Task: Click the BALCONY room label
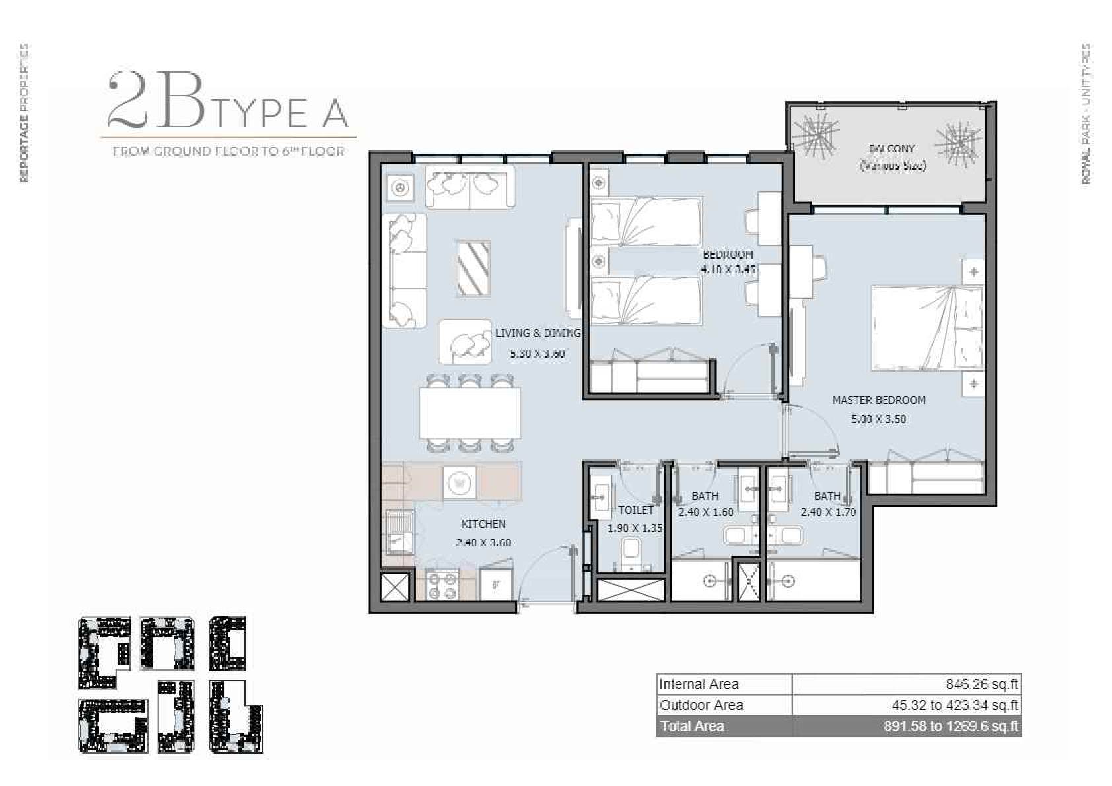coord(891,148)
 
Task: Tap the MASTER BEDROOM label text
coord(879,400)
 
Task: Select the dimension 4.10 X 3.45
coord(728,269)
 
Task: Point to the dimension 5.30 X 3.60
coord(537,354)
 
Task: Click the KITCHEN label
coord(483,524)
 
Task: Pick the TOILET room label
coord(636,510)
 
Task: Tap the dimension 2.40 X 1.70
coord(828,512)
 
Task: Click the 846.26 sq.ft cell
coord(981,685)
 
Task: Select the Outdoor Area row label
coord(701,705)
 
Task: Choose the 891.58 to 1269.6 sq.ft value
coord(951,726)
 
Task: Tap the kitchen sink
coord(400,532)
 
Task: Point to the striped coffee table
coord(473,269)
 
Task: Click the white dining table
coord(469,413)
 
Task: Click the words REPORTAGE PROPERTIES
coord(24,113)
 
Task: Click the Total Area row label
coord(692,726)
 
